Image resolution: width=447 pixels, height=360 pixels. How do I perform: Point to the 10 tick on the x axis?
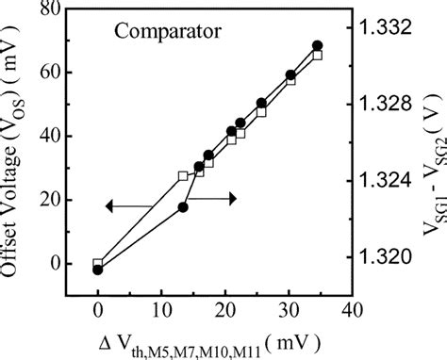point(160,309)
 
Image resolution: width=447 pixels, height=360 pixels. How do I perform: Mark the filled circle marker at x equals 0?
point(97,270)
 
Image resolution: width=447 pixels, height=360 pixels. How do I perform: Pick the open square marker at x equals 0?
point(97,264)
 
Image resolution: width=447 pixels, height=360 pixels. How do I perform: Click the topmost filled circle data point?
point(318,45)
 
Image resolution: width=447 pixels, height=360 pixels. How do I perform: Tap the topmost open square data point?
point(317,56)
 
